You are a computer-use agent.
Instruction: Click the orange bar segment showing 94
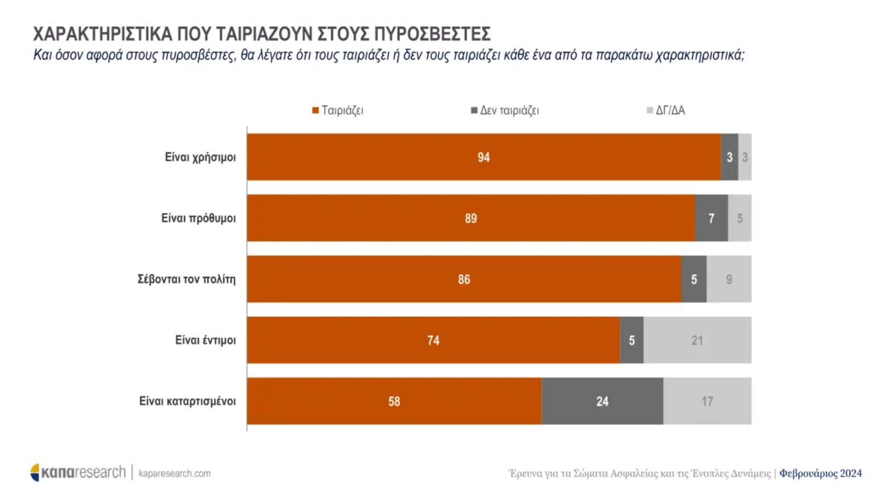click(484, 157)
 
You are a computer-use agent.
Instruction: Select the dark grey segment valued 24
click(602, 401)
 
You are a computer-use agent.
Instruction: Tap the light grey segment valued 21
click(697, 340)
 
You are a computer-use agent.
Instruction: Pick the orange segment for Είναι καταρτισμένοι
click(394, 401)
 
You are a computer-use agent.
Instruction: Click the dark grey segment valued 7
click(711, 218)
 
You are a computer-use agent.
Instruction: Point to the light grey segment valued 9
click(729, 279)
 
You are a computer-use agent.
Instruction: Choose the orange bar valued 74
click(433, 340)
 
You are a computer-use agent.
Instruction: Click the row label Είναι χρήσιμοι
click(200, 157)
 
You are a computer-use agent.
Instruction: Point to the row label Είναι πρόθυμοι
click(198, 218)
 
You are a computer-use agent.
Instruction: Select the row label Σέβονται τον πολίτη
click(186, 279)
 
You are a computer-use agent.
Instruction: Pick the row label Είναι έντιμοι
click(205, 340)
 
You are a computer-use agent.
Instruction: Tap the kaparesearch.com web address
click(174, 474)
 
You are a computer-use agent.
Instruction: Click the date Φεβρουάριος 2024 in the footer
click(820, 474)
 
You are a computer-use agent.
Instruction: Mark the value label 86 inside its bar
click(464, 279)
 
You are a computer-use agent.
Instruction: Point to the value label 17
click(707, 401)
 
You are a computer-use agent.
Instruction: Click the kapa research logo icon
click(35, 472)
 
